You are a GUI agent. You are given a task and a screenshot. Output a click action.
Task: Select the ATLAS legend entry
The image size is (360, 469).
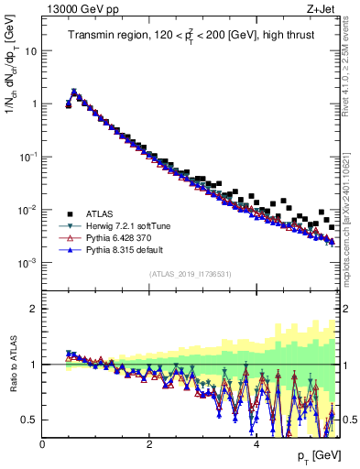(103, 214)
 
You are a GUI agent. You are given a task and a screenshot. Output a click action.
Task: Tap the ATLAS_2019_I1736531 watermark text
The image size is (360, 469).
(191, 274)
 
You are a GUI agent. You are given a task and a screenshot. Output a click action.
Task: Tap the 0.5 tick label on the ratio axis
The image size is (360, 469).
(27, 420)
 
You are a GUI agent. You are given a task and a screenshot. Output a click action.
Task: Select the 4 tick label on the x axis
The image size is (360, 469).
(256, 445)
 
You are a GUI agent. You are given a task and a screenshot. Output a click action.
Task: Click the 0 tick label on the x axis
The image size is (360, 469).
(42, 445)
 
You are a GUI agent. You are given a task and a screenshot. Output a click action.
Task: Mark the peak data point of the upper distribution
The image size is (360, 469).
(74, 92)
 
